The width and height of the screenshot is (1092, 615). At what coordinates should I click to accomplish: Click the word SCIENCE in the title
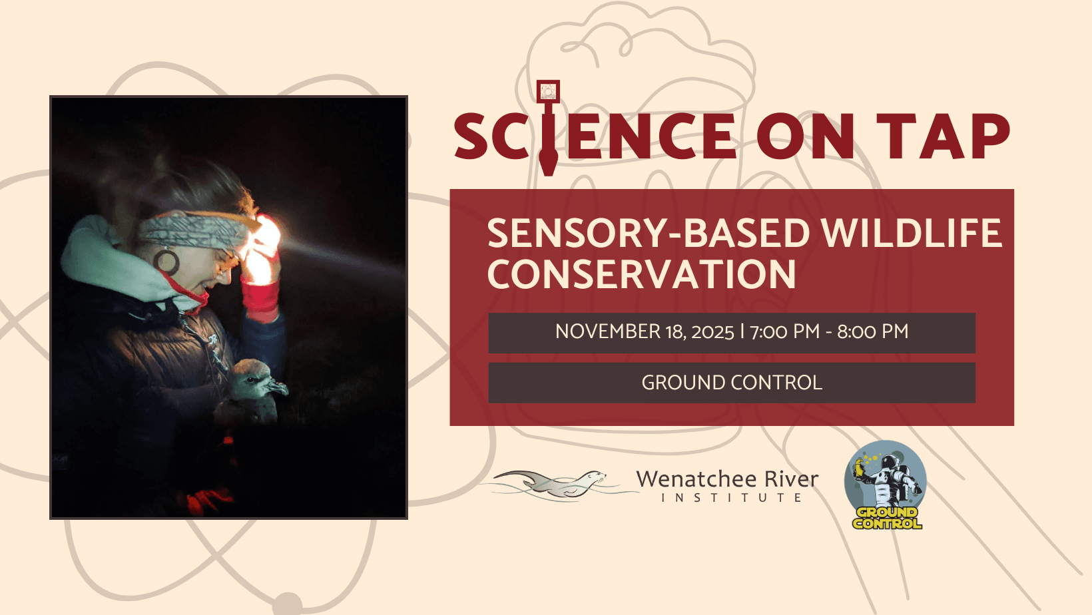[x=595, y=136]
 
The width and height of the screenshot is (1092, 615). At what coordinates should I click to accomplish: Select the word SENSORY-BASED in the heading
[x=649, y=233]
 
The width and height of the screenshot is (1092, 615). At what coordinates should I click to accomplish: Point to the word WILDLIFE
[x=912, y=233]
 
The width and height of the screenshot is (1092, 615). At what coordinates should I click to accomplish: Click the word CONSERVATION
[x=642, y=274]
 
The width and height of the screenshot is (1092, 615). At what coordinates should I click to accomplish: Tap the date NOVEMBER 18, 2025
[x=645, y=332]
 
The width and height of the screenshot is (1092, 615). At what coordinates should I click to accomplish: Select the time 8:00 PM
[x=873, y=332]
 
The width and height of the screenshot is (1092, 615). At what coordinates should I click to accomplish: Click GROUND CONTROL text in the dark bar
[x=732, y=383]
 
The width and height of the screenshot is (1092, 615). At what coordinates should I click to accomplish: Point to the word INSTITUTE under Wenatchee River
[x=731, y=498]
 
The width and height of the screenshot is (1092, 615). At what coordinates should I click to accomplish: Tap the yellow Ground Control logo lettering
[x=887, y=518]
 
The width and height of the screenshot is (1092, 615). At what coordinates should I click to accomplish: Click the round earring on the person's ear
[x=166, y=262]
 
